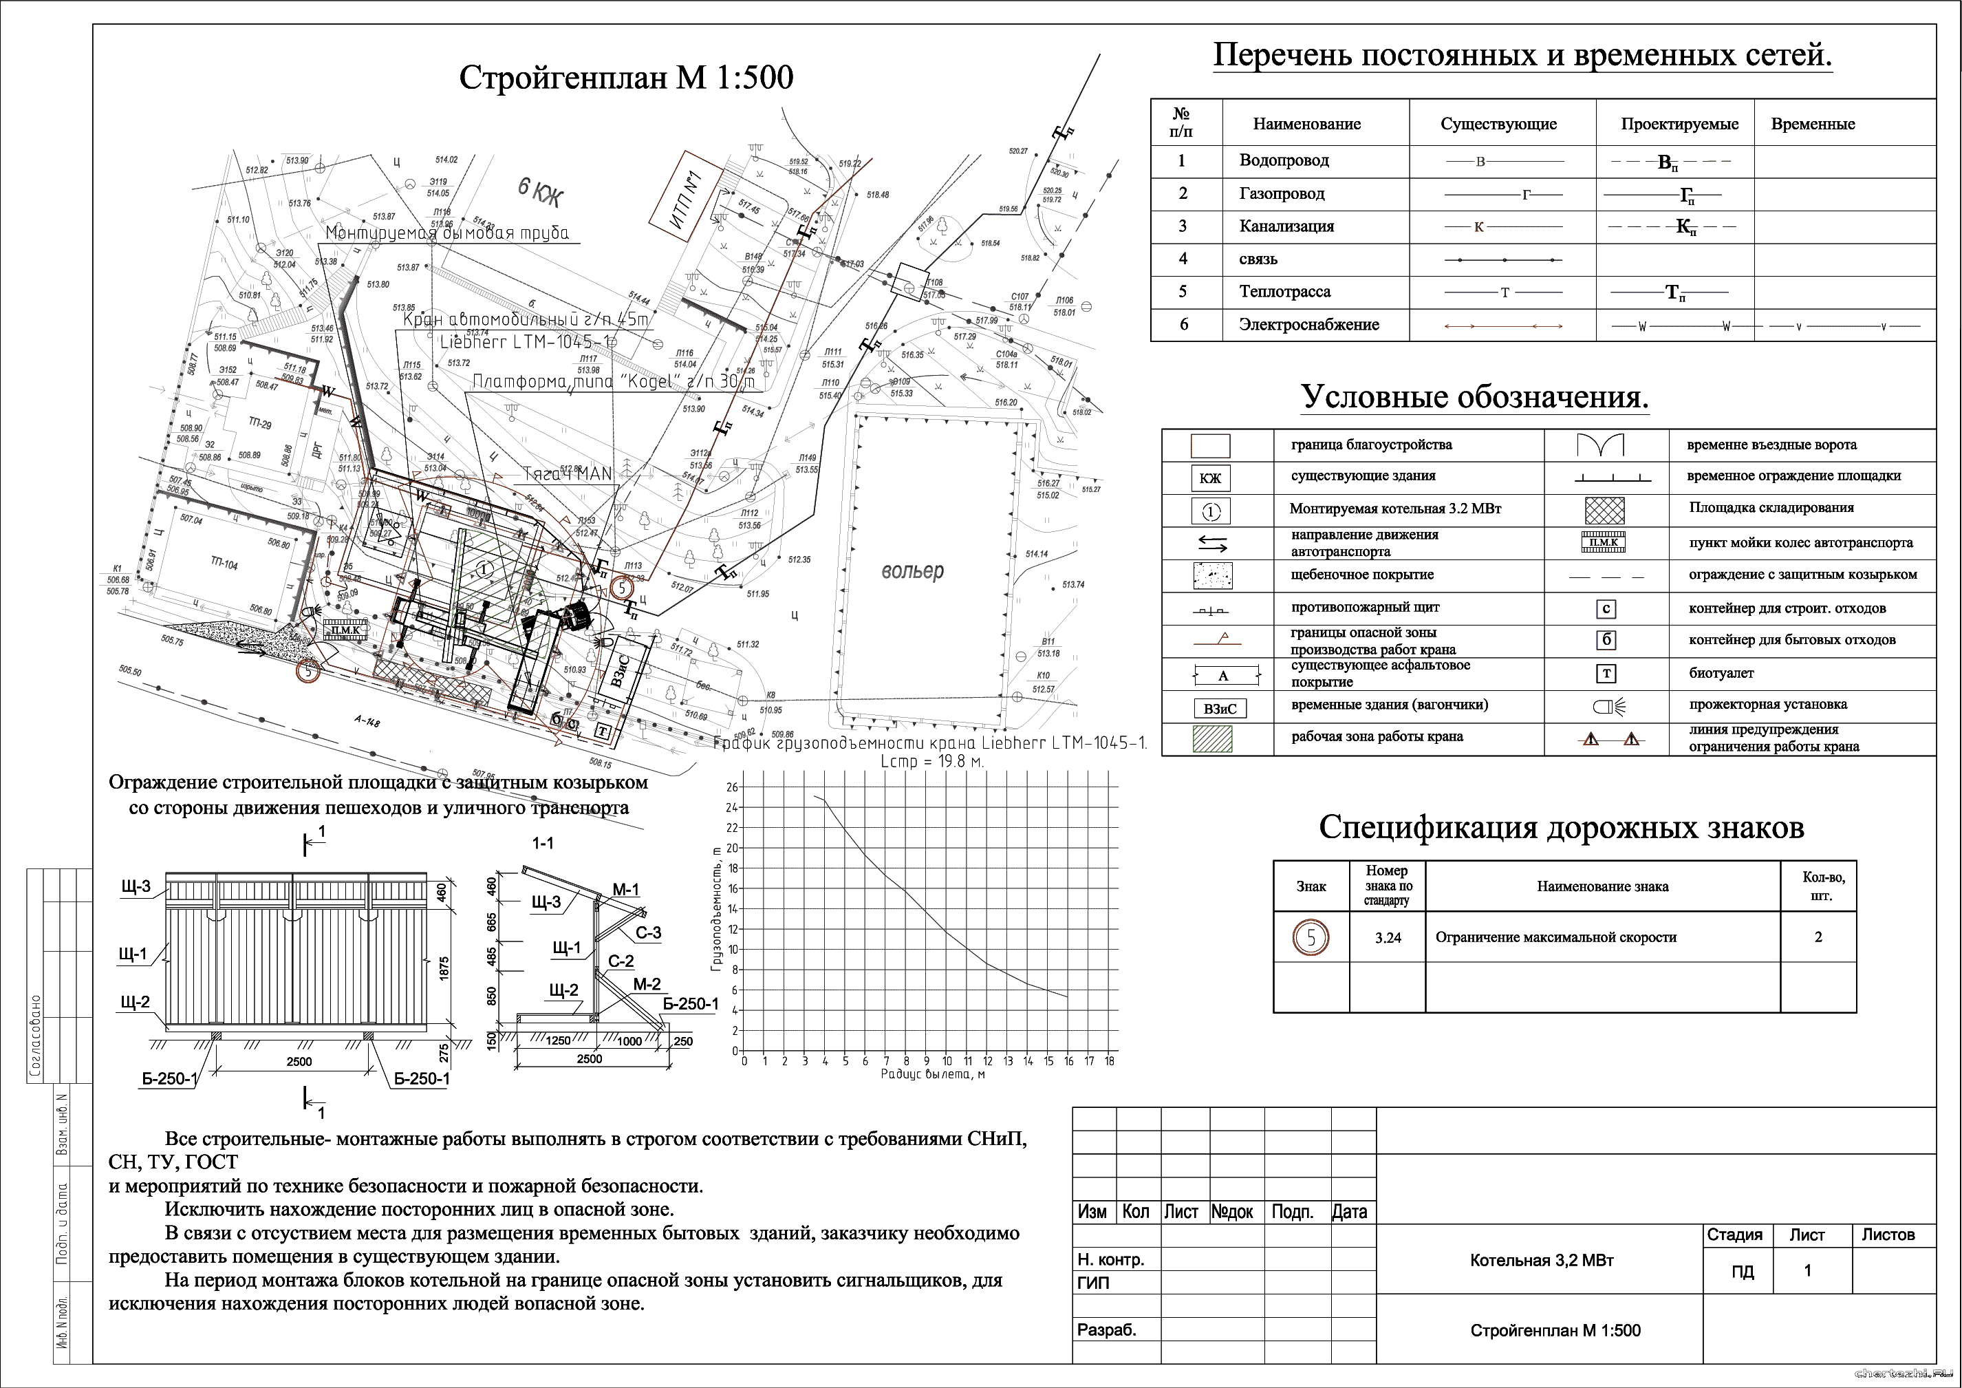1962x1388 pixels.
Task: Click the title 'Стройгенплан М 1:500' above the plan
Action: click(x=627, y=78)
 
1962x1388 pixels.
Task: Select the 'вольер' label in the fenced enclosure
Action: click(x=913, y=571)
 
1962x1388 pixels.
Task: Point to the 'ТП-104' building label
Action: click(x=224, y=565)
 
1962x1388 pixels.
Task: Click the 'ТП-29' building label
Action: click(x=260, y=423)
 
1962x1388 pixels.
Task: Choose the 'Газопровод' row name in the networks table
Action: click(x=1282, y=194)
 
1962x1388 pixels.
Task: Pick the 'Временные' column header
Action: click(x=1813, y=125)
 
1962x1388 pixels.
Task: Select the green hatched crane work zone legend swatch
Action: click(x=1211, y=738)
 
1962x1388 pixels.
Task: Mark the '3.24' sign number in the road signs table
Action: click(x=1388, y=937)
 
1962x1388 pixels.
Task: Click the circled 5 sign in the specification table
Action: click(x=1311, y=937)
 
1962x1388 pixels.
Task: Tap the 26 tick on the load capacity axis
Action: click(x=731, y=787)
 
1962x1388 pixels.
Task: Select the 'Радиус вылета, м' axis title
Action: click(x=932, y=1074)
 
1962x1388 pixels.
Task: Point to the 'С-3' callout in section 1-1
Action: click(x=648, y=932)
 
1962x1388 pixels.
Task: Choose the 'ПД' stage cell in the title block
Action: click(x=1743, y=1272)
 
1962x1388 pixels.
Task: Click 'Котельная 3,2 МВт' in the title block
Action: click(x=1541, y=1261)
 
